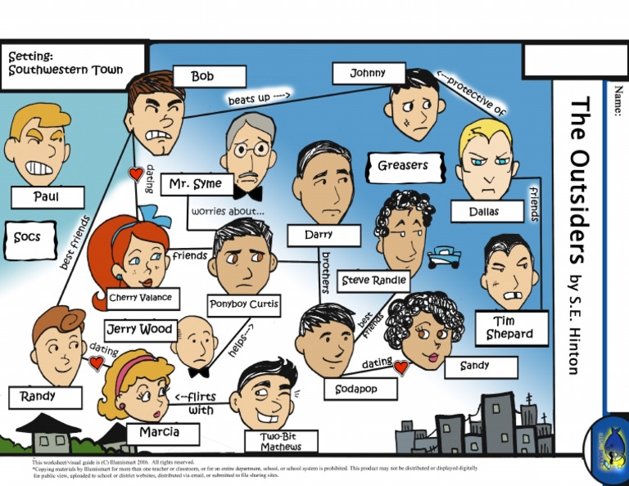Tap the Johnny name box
368,74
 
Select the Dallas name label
485,212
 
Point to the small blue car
443,254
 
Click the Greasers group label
403,166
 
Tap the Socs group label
27,237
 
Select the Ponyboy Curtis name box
243,304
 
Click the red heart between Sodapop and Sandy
401,368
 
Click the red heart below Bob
136,174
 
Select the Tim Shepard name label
509,327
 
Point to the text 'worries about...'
228,211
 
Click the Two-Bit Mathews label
281,442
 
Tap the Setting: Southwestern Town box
75,63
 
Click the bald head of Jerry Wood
195,332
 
